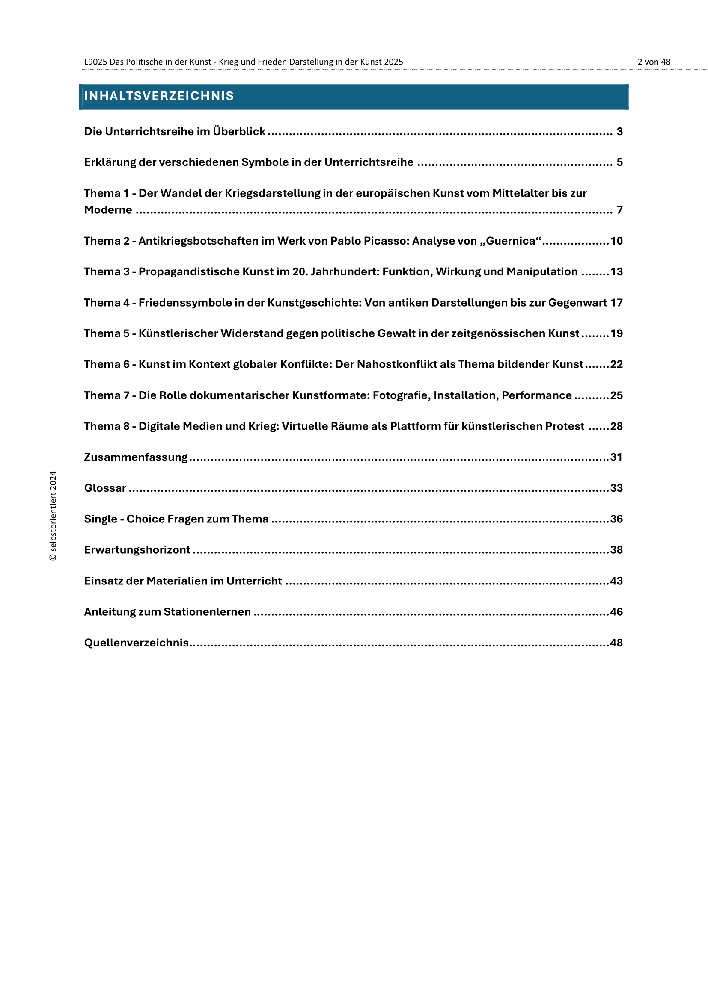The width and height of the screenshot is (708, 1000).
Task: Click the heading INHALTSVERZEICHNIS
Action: point(159,96)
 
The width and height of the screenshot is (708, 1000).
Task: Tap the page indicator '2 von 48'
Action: point(654,62)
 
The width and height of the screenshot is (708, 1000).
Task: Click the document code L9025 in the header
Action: point(95,62)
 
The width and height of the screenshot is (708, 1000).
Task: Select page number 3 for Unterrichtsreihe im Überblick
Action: point(619,132)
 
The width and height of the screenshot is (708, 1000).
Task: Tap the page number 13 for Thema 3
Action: point(616,272)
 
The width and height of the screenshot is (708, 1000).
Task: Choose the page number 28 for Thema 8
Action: point(616,426)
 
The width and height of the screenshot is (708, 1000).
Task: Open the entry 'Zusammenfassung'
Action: point(136,457)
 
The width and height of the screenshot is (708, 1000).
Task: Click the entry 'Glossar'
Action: point(105,488)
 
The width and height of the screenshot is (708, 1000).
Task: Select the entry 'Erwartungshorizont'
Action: point(137,550)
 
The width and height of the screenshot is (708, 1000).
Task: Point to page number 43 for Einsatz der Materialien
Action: point(616,581)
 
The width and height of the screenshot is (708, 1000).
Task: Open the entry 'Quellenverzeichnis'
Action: point(136,643)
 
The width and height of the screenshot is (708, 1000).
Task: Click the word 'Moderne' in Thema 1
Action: point(108,210)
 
